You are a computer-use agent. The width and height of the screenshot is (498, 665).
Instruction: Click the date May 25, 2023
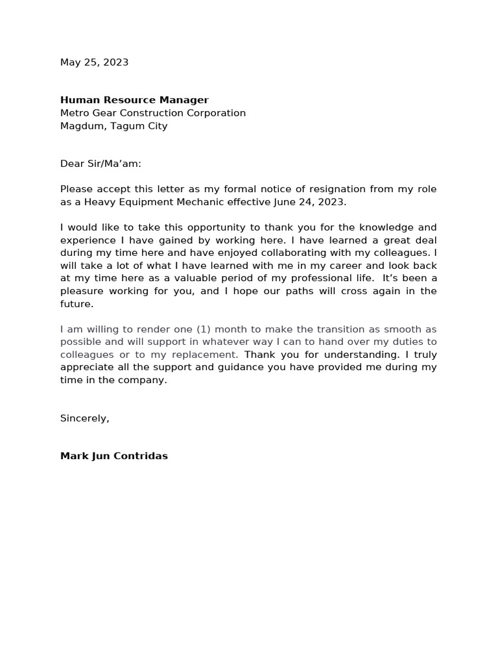click(x=94, y=62)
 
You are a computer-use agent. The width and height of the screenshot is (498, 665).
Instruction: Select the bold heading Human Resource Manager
click(x=134, y=100)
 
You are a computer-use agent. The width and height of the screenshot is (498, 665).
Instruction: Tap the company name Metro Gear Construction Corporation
click(x=152, y=113)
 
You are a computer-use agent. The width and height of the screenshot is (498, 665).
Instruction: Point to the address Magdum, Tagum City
click(x=113, y=126)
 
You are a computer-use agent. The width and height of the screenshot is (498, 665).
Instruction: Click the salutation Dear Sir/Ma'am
click(x=101, y=164)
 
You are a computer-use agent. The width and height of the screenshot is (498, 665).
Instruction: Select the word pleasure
click(x=83, y=291)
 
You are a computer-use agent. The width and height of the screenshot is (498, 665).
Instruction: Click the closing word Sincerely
click(x=84, y=418)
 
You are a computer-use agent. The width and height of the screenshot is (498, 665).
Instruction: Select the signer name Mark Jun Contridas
click(x=113, y=456)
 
